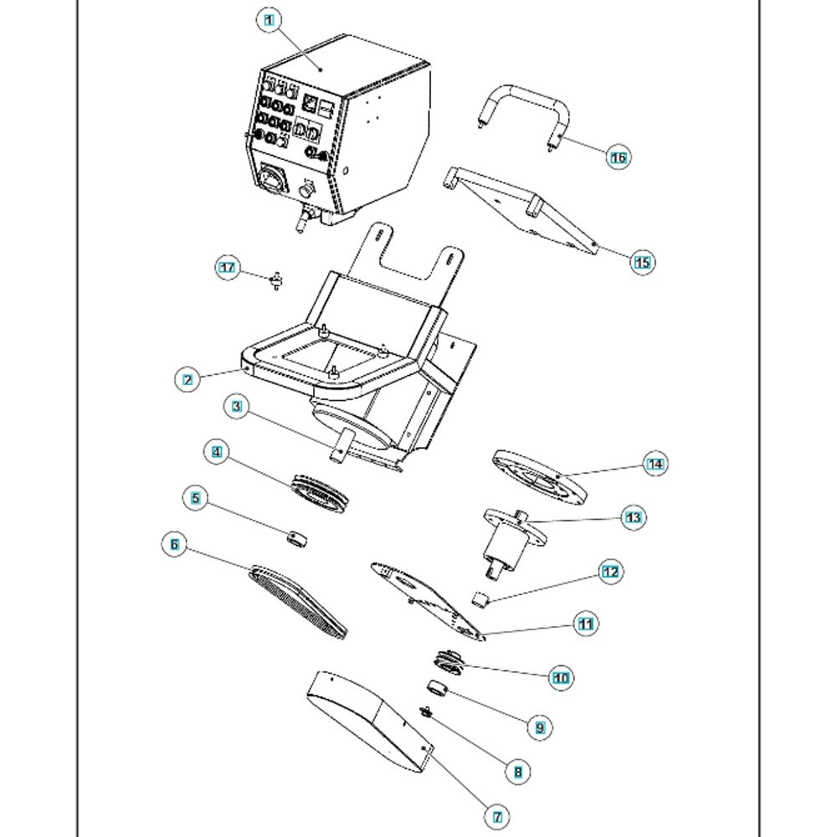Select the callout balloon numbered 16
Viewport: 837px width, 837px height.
[618, 157]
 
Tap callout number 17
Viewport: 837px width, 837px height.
[228, 268]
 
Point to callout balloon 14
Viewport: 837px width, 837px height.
[655, 464]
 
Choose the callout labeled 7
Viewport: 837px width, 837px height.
[496, 815]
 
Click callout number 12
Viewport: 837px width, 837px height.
[609, 572]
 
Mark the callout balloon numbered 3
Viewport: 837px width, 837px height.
[237, 408]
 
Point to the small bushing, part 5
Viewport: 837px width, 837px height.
[296, 540]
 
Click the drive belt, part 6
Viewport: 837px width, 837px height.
[297, 600]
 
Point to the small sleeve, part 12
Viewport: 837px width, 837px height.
[480, 598]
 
